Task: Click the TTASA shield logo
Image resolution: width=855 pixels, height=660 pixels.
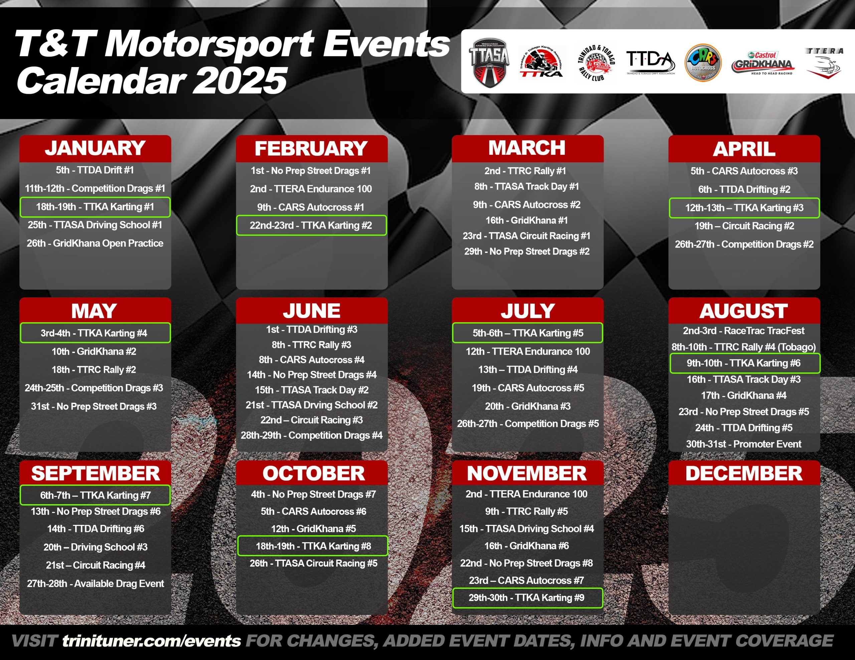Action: pos(489,63)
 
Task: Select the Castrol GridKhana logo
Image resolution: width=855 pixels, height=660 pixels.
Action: pos(762,63)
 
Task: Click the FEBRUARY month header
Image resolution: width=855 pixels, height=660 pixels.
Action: pos(311,149)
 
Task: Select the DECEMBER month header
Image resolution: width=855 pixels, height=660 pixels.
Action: pos(744,473)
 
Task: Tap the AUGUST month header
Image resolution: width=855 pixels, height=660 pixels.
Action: pos(744,311)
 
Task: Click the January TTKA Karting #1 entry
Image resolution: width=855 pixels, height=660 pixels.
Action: pos(95,207)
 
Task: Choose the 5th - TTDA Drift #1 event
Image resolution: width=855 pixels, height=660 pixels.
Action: pos(95,170)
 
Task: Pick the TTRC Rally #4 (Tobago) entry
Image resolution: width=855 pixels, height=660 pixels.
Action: pos(744,347)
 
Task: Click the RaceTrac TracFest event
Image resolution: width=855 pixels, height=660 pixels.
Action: pos(744,331)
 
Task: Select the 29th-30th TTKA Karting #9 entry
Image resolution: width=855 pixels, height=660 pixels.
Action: pos(527,598)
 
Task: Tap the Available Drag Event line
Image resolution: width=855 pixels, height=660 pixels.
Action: pos(95,584)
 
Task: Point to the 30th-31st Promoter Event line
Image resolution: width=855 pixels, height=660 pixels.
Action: pos(744,444)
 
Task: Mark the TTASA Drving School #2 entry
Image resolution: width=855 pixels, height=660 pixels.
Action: pos(312,405)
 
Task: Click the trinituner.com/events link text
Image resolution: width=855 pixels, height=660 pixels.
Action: pos(152,641)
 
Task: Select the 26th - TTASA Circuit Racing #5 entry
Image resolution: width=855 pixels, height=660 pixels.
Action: pos(314,563)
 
